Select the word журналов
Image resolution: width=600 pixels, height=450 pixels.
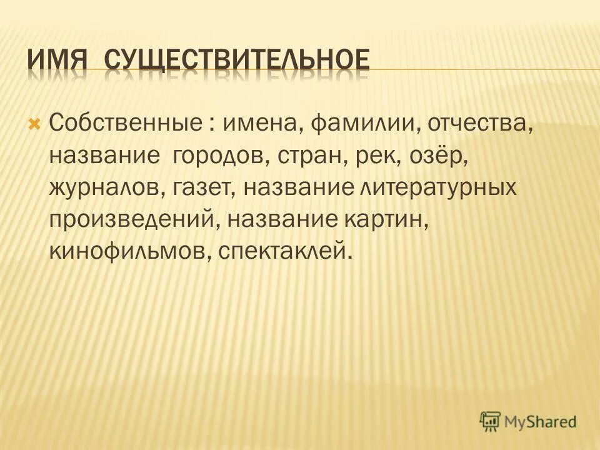point(107,186)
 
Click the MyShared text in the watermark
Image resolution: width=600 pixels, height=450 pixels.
point(542,422)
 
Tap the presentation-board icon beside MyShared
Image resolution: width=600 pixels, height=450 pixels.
point(491,422)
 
